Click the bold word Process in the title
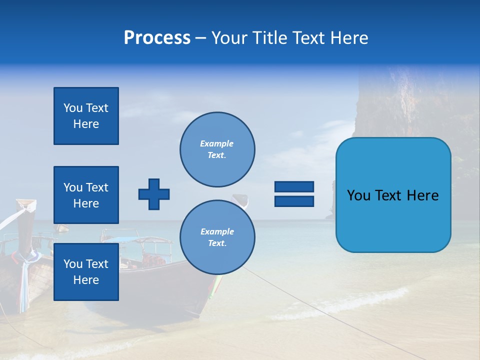(157, 38)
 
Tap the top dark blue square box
(86, 116)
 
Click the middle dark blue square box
(86, 195)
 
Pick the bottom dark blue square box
(86, 272)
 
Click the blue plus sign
(154, 194)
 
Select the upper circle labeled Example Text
(217, 149)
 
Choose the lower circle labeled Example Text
(217, 237)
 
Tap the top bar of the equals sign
(294, 186)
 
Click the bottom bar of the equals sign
(294, 201)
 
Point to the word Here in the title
(348, 38)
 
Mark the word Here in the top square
(86, 124)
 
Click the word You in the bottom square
(72, 264)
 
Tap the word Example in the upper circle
(216, 143)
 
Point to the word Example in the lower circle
(217, 231)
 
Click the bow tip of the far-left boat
(26, 203)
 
